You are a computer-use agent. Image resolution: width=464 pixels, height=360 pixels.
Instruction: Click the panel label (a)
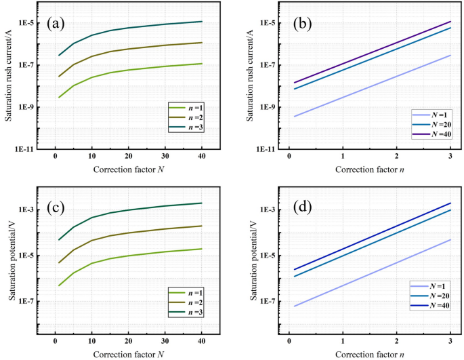55,24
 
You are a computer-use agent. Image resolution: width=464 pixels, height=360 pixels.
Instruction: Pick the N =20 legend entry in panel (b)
434,125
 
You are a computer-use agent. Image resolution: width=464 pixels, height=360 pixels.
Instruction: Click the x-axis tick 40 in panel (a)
202,157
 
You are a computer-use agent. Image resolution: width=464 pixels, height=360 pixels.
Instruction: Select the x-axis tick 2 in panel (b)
397,157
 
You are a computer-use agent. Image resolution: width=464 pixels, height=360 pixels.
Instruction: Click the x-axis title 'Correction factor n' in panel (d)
370,353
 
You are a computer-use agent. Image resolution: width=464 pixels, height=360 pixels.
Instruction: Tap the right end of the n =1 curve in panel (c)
202,249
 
